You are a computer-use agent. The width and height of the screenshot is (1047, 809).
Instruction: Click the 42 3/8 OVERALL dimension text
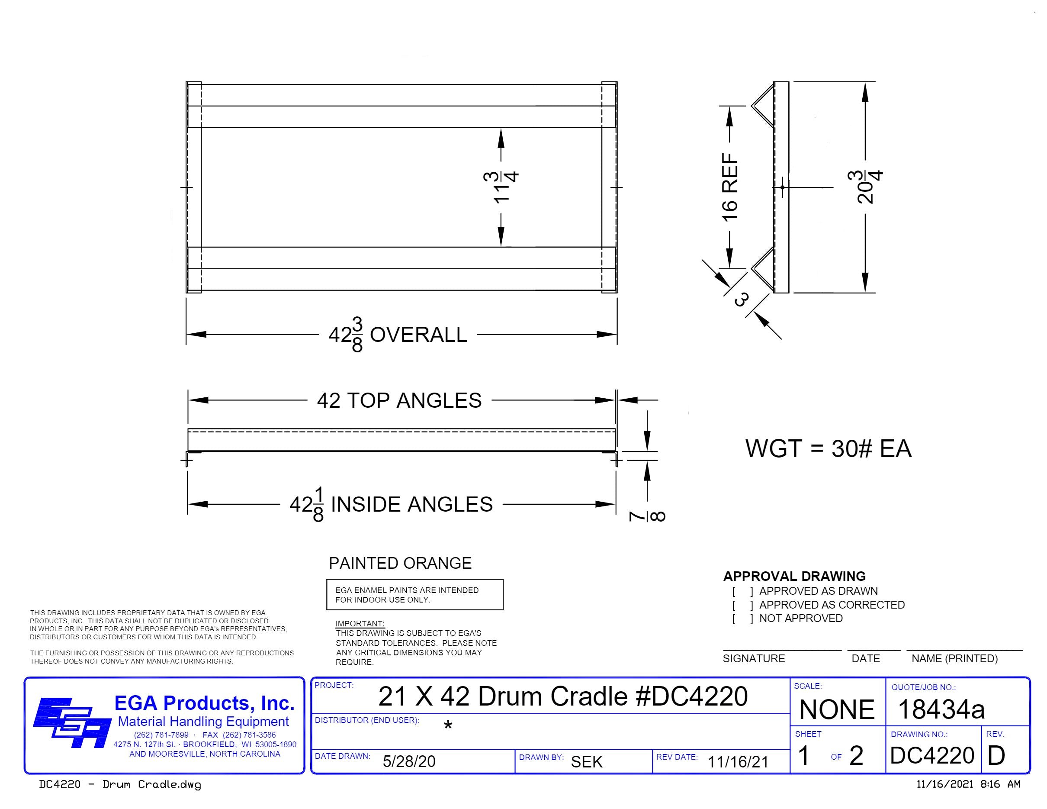(x=398, y=334)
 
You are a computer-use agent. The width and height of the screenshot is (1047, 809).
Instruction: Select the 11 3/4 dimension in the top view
(x=501, y=187)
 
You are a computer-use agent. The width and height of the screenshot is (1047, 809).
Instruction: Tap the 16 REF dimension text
(x=729, y=187)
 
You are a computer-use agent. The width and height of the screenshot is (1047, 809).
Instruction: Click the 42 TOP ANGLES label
(x=399, y=400)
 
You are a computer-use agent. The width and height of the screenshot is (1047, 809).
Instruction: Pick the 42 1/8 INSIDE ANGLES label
(x=391, y=504)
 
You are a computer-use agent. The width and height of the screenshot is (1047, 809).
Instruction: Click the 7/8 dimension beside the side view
(x=647, y=516)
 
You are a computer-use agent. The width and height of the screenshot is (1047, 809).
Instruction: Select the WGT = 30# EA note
(x=828, y=449)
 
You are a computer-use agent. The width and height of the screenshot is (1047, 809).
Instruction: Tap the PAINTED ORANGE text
(x=400, y=563)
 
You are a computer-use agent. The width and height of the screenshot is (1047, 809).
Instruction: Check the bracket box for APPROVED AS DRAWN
(x=742, y=591)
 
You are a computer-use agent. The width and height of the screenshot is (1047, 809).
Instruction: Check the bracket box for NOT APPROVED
(x=742, y=619)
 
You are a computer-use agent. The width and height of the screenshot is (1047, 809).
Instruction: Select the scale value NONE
(x=837, y=710)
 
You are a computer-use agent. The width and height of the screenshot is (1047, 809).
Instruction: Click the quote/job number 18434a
(x=941, y=710)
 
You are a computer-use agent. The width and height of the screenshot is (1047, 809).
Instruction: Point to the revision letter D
(x=996, y=756)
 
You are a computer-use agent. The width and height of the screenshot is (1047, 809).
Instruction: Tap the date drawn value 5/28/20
(x=409, y=761)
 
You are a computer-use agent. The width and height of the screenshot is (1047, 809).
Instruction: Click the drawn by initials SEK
(x=586, y=762)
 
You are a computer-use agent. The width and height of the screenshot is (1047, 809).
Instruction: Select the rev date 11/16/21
(x=738, y=762)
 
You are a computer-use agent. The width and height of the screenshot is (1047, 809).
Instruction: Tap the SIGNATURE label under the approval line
(x=754, y=659)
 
